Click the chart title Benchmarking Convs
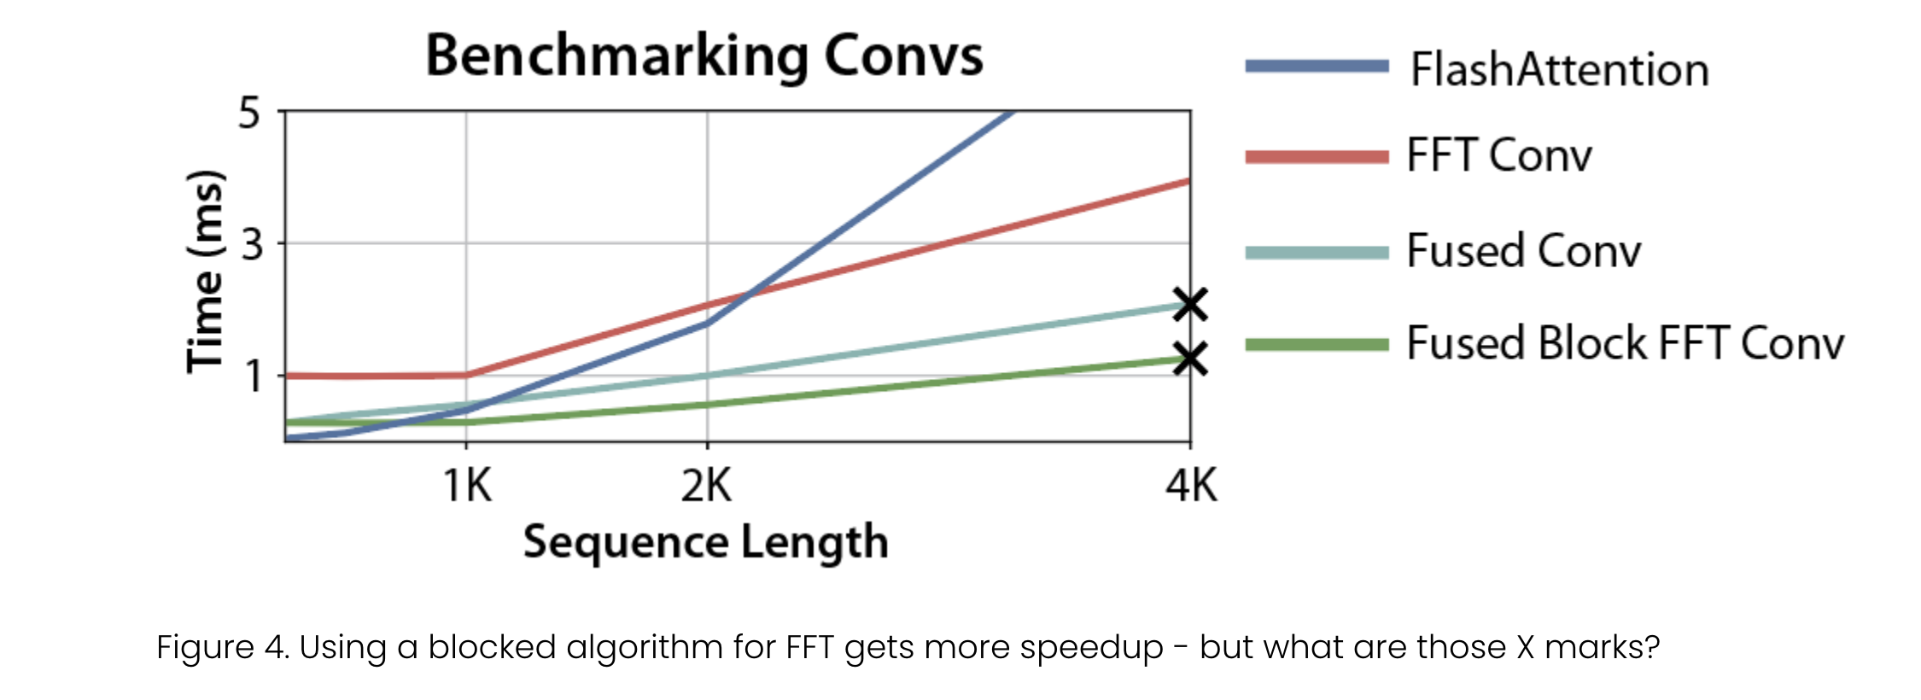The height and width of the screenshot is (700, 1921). click(704, 56)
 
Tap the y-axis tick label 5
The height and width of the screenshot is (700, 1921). click(249, 113)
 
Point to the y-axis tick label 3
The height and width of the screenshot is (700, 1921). click(252, 245)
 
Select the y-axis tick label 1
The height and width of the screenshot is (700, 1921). click(254, 376)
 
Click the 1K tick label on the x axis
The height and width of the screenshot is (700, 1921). click(467, 487)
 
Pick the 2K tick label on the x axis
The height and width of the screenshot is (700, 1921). click(706, 487)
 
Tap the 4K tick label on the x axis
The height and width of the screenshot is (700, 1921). click(1191, 487)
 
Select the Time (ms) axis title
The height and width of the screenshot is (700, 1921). click(207, 271)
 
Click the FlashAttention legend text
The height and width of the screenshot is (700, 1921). click(1559, 70)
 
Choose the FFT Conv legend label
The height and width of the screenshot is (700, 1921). click(1499, 156)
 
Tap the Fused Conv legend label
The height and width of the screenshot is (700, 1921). click(1523, 252)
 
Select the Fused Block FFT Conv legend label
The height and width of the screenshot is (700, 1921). click(1625, 344)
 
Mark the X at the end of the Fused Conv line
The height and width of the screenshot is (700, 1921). click(1190, 304)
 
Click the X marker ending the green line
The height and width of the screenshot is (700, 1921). click(1190, 359)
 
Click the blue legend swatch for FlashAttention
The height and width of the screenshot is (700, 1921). click(1317, 67)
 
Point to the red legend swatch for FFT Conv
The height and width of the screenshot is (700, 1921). click(1317, 156)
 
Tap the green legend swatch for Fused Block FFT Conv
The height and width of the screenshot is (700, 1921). click(1317, 345)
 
